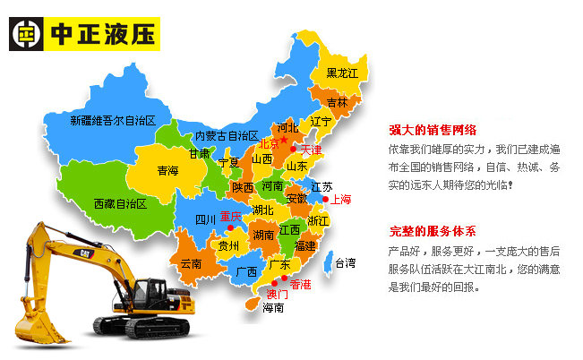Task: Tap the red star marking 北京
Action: [284, 140]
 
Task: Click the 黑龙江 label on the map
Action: [342, 73]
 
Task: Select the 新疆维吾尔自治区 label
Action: [113, 120]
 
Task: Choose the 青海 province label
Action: [167, 170]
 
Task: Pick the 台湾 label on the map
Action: [345, 263]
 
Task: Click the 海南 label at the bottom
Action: [273, 308]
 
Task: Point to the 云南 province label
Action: [191, 264]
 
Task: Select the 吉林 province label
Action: [338, 103]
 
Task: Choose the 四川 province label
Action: [206, 219]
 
